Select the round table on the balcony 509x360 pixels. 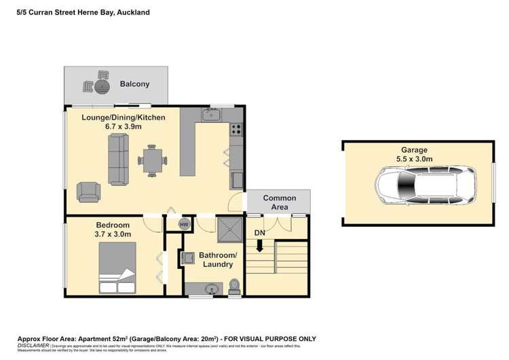point(102,86)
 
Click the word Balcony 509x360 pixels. point(134,84)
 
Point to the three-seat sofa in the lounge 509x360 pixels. point(118,160)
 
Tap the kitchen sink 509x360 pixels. point(212,118)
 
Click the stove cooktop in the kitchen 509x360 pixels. point(236,129)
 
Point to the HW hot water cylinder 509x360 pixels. point(183,224)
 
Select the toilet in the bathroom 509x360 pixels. point(234,287)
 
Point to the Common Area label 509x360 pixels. point(280,202)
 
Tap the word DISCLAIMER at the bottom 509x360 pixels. point(34,345)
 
